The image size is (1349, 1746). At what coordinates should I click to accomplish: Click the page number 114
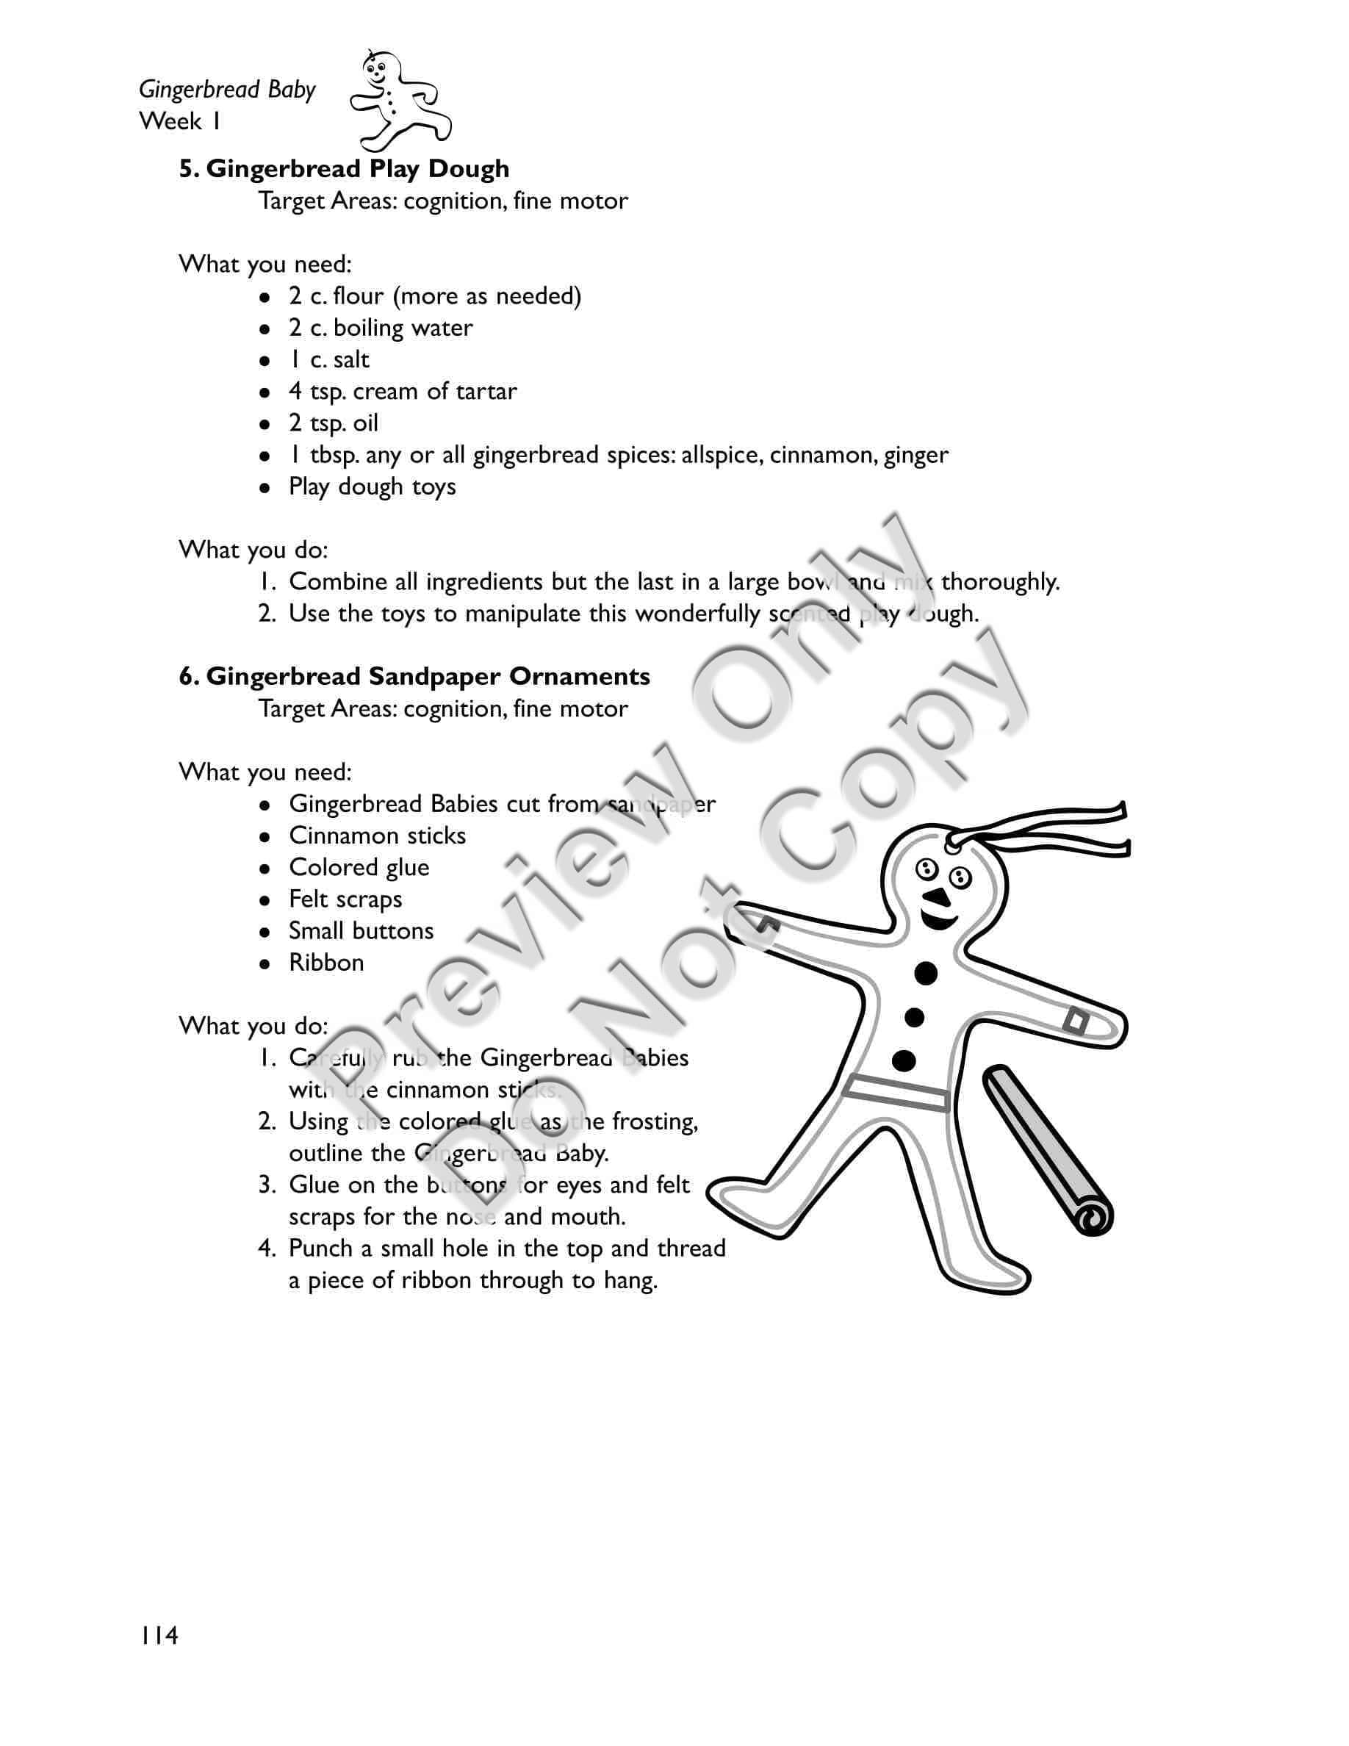pyautogui.click(x=159, y=1636)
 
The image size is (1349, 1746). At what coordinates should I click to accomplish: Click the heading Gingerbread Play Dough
pyautogui.click(x=344, y=169)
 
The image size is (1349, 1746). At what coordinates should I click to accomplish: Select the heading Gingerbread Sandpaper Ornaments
pyautogui.click(x=414, y=676)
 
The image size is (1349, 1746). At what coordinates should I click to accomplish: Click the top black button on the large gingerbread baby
pyautogui.click(x=926, y=973)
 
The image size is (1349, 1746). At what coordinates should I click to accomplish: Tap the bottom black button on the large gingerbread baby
pyautogui.click(x=904, y=1061)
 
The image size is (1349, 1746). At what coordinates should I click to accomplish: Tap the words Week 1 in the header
pyautogui.click(x=180, y=121)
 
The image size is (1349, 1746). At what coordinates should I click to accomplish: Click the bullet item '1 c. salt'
pyautogui.click(x=328, y=360)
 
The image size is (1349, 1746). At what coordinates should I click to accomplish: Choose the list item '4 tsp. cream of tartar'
pyautogui.click(x=402, y=392)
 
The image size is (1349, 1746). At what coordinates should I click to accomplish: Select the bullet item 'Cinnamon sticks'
pyautogui.click(x=376, y=836)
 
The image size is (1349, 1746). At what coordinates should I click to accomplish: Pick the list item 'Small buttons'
pyautogui.click(x=361, y=930)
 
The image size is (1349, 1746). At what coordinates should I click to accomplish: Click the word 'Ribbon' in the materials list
pyautogui.click(x=326, y=963)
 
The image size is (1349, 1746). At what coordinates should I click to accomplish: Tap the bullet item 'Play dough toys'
pyautogui.click(x=372, y=487)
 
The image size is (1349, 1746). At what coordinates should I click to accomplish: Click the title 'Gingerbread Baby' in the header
pyautogui.click(x=227, y=90)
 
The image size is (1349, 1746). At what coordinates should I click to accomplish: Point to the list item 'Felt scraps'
pyautogui.click(x=345, y=899)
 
